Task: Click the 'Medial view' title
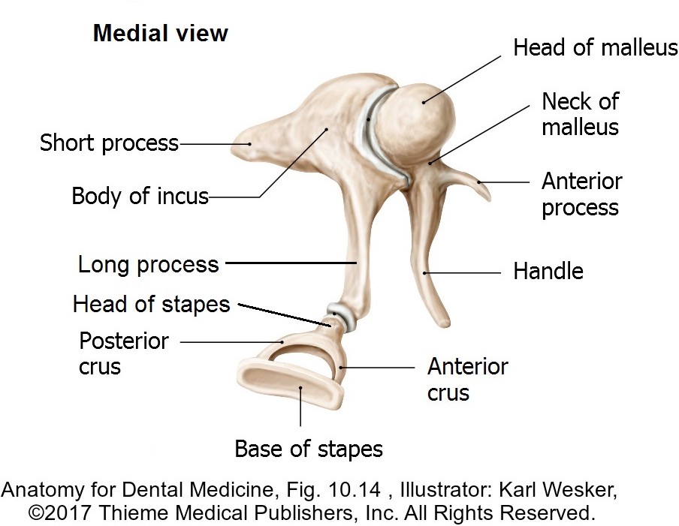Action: pos(160,34)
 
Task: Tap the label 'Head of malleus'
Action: pos(595,48)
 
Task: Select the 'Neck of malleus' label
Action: pos(580,113)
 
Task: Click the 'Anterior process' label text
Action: pos(581,194)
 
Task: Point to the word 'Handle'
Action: pos(548,271)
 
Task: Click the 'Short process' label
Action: pos(109,143)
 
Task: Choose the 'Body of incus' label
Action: pos(140,197)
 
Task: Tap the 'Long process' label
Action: pos(148,264)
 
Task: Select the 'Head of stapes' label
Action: pos(151,304)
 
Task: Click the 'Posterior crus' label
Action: pos(123,353)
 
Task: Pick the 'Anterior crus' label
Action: pos(467,379)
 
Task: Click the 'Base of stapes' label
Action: pos(309,449)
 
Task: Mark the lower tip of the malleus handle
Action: pos(445,323)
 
